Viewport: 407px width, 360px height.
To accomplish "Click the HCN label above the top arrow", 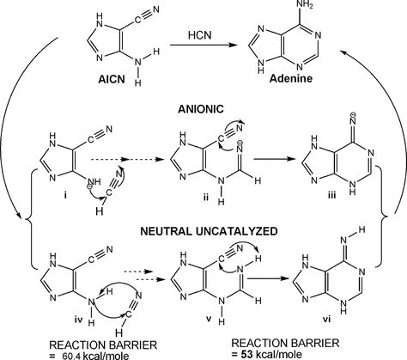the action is click(x=200, y=35).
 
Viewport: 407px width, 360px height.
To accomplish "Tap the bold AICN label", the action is click(x=112, y=79).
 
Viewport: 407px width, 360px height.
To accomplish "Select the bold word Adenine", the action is click(x=291, y=78).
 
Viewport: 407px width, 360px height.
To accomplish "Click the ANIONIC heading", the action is click(x=201, y=109).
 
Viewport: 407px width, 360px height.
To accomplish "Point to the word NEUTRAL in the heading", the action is click(x=166, y=231).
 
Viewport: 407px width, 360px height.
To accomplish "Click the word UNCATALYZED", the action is click(x=236, y=231).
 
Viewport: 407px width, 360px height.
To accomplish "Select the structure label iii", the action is click(x=331, y=196).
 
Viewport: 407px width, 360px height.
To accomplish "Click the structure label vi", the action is click(x=326, y=319).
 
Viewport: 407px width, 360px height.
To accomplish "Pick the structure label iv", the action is click(x=79, y=320).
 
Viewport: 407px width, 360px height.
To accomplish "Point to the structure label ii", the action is click(x=205, y=197).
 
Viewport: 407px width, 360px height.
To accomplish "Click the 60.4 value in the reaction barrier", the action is click(x=72, y=355).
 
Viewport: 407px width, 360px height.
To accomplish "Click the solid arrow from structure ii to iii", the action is click(x=275, y=159).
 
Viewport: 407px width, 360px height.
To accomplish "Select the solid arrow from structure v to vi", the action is click(x=269, y=278).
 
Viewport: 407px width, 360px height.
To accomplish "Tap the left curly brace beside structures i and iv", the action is click(x=29, y=218).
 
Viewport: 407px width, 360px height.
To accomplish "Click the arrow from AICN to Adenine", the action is click(x=204, y=45).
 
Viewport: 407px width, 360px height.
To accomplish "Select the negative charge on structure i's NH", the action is click(x=89, y=186).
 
